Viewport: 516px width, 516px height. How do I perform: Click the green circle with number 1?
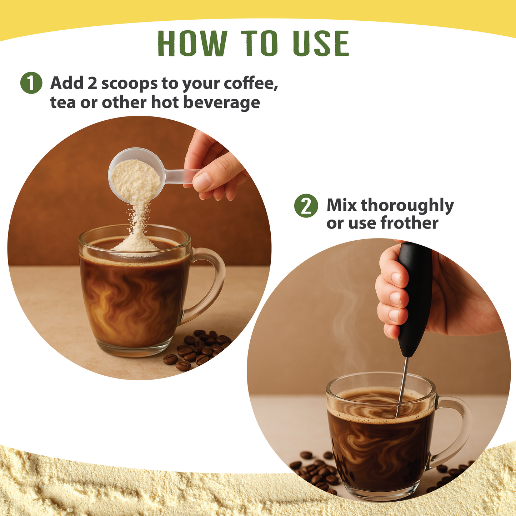point(31,83)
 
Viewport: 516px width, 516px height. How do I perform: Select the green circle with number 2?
point(306,206)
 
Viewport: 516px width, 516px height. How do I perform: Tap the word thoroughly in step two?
point(407,205)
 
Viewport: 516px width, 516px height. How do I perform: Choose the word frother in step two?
point(409,223)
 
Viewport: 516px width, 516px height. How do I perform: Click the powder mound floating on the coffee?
point(136,245)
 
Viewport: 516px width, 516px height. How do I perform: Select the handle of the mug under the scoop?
point(209,282)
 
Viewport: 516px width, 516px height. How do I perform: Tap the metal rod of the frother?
point(403,386)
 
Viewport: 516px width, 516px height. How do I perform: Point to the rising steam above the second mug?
point(343,311)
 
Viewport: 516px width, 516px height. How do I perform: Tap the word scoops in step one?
point(129,84)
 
